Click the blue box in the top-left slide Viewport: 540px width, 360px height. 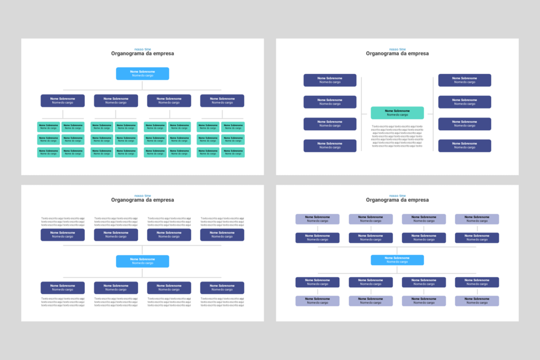[x=142, y=73]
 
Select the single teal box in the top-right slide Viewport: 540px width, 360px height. [x=397, y=113]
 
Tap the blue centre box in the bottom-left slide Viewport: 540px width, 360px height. [x=142, y=261]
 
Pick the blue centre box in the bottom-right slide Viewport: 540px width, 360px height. [x=397, y=260]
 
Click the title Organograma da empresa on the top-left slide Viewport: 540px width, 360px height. [x=142, y=53]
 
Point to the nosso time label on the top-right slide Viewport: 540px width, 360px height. [x=397, y=49]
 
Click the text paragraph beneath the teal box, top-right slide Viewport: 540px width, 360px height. [x=397, y=136]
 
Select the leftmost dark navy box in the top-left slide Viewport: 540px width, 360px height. [x=62, y=101]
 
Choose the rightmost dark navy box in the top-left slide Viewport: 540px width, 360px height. [x=222, y=101]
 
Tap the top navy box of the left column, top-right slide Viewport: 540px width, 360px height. [x=330, y=80]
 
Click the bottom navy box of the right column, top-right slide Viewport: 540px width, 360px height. [x=465, y=145]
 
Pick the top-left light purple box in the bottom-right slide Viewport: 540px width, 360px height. [x=317, y=219]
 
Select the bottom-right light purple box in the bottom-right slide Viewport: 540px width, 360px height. [x=477, y=301]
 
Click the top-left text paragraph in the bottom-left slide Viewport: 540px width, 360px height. [x=63, y=222]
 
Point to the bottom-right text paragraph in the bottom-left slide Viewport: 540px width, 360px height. [x=222, y=301]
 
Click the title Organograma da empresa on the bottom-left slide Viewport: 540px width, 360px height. [x=142, y=200]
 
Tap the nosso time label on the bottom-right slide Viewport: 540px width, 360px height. [x=397, y=196]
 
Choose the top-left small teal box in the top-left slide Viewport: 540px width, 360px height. [x=49, y=127]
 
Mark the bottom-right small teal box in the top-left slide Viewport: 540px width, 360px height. [x=233, y=152]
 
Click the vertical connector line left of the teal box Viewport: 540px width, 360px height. [x=361, y=113]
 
